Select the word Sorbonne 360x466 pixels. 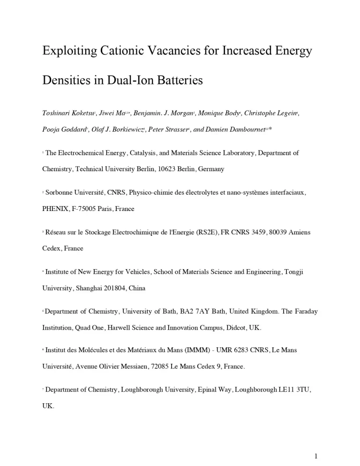tap(61, 192)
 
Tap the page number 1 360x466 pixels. tap(316, 456)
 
